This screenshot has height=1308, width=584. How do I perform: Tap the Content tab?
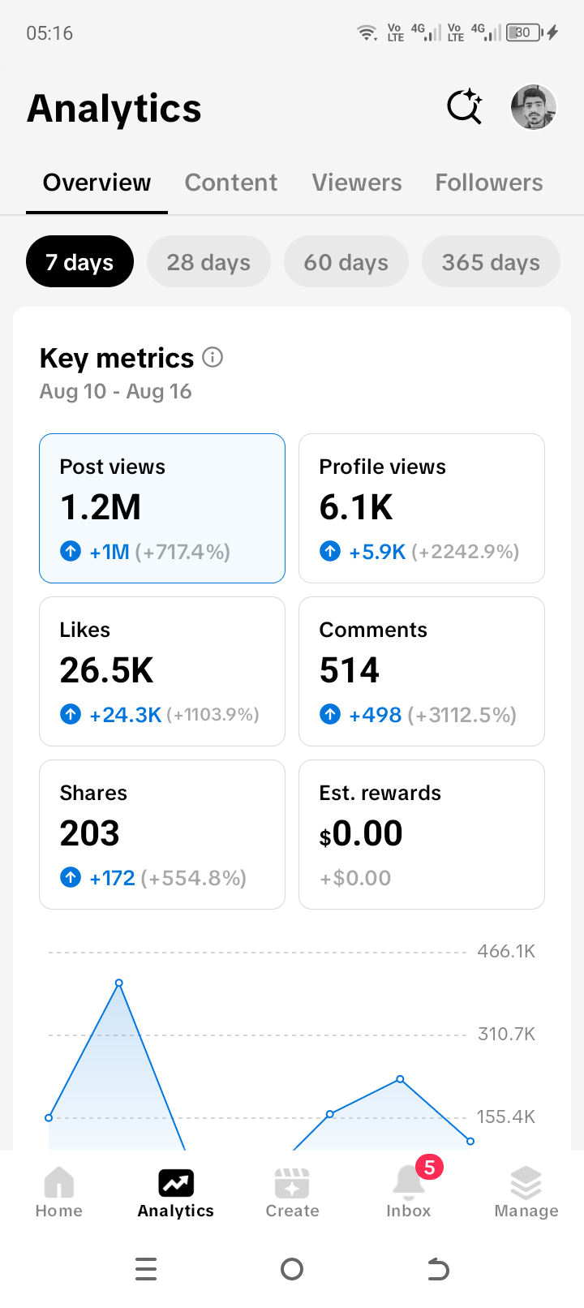(230, 183)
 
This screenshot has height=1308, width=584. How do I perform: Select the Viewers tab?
(357, 183)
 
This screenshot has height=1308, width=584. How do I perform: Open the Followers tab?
(489, 183)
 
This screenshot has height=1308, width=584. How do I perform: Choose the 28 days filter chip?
(208, 261)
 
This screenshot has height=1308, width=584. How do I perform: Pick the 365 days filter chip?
(491, 261)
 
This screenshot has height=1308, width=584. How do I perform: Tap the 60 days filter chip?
(346, 261)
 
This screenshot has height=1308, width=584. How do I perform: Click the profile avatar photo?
(533, 107)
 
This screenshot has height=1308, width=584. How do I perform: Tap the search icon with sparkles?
(465, 106)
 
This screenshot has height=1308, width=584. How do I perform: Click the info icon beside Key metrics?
(213, 357)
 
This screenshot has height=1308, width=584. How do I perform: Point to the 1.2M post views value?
(101, 506)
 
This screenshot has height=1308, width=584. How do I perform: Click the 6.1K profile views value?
(355, 506)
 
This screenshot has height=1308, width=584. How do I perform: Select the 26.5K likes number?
(106, 669)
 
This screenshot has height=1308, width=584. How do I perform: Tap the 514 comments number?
(350, 669)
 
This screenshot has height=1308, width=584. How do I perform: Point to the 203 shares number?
(89, 833)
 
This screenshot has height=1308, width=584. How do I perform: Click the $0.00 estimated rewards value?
(361, 833)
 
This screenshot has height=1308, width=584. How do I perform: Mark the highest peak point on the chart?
(119, 983)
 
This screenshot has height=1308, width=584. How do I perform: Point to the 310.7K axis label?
(506, 1034)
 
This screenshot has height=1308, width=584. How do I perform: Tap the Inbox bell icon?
(409, 1182)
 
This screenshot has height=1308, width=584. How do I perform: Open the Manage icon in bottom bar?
(526, 1182)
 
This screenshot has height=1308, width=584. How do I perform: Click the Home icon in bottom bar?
(59, 1182)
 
